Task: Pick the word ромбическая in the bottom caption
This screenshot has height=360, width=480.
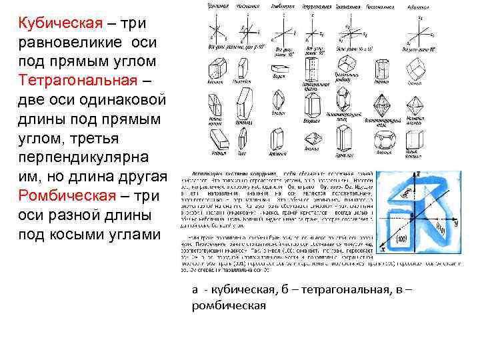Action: [x=228, y=305]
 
